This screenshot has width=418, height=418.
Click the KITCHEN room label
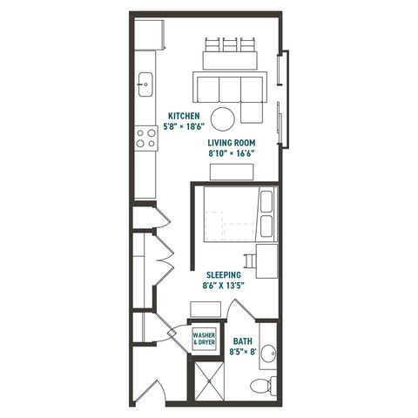pos(184,116)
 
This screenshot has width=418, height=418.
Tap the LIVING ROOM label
pos(232,143)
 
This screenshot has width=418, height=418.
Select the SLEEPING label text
pos(224,274)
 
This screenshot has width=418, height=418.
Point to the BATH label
pos(243,341)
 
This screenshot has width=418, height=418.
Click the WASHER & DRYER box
pos(205,339)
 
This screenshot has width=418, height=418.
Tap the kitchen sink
pos(145,84)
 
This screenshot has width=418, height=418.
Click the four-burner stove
pos(146,138)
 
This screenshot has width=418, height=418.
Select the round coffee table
pos(223,119)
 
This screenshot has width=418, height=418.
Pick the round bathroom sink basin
pos(268,354)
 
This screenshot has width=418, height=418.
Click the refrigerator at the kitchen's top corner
pos(150,35)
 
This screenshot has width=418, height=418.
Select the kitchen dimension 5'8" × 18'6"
pos(184,127)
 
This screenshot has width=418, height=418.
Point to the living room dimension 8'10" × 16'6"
pos(232,153)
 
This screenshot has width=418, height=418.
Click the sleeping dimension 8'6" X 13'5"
pos(223,286)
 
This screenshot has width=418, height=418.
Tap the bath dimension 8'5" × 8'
pos(243,352)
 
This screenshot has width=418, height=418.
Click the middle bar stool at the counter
pos(230,44)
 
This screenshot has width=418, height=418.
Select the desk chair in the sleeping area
pos(250,261)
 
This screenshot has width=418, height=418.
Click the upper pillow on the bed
pos(266,201)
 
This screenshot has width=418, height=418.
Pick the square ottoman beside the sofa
pos(252,113)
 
